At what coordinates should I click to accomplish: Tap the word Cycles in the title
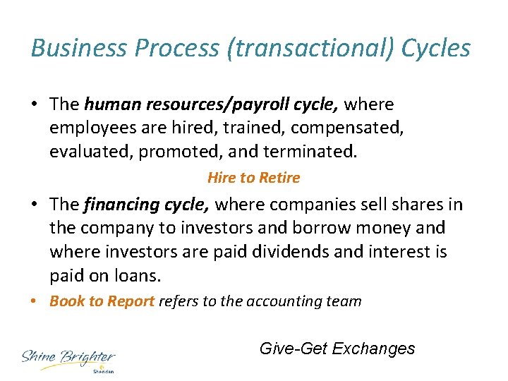[x=436, y=48]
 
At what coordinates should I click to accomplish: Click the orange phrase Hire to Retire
[x=253, y=178]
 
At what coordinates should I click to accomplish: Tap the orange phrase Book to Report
[x=102, y=301]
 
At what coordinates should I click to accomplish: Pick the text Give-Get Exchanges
[x=337, y=349]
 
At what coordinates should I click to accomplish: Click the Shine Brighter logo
[x=68, y=359]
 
